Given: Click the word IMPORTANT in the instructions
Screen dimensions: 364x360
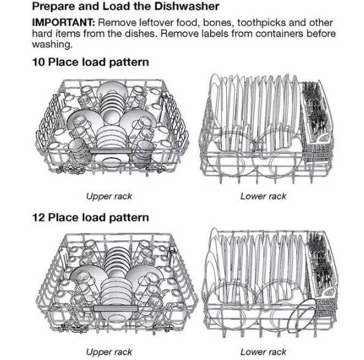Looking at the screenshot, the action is pyautogui.click(x=64, y=23).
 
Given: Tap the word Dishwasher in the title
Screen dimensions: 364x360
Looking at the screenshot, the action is pyautogui.click(x=187, y=6).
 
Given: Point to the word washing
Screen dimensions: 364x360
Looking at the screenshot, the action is pyautogui.click(x=52, y=45).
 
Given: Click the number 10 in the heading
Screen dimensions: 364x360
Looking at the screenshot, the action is pyautogui.click(x=39, y=62).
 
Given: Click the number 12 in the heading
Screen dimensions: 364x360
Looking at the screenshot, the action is pyautogui.click(x=39, y=218).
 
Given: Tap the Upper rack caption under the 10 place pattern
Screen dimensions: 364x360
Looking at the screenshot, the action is pyautogui.click(x=109, y=197).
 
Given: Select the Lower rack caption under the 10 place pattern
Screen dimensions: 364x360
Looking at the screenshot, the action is pyautogui.click(x=263, y=196).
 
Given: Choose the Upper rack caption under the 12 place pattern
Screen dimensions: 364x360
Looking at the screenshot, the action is pyautogui.click(x=109, y=352).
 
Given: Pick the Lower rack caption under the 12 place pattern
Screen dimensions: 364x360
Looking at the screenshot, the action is pyautogui.click(x=263, y=352).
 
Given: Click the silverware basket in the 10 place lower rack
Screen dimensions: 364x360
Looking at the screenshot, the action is pyautogui.click(x=317, y=119).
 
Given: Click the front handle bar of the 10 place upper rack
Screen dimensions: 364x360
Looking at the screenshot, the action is pyautogui.click(x=111, y=151).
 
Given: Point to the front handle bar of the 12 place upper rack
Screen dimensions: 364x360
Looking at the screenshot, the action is pyautogui.click(x=116, y=308).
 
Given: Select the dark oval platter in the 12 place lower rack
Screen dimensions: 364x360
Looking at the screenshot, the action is pyautogui.click(x=302, y=316).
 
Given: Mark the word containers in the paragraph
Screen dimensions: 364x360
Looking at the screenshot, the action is pyautogui.click(x=279, y=34).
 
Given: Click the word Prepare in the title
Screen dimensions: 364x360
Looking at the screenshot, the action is pyautogui.click(x=53, y=7).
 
